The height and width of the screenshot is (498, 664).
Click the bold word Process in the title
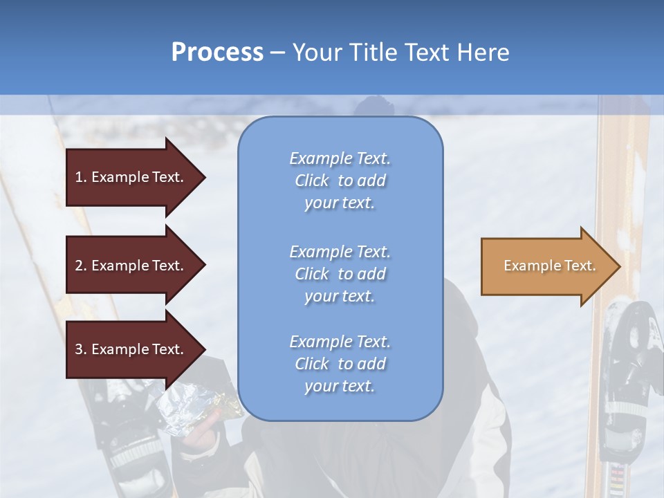pyautogui.click(x=217, y=53)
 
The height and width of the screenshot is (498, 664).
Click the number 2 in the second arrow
pyautogui.click(x=78, y=266)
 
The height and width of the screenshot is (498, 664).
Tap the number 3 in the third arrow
pyautogui.click(x=78, y=349)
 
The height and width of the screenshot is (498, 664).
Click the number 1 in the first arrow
pyautogui.click(x=78, y=177)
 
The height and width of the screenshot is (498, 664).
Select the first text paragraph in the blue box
pyautogui.click(x=340, y=181)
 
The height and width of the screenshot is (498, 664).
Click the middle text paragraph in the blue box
pyautogui.click(x=340, y=274)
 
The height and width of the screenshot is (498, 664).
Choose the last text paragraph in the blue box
pyautogui.click(x=340, y=364)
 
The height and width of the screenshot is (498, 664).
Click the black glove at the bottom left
pyautogui.click(x=128, y=443)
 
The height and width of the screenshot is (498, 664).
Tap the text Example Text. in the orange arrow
pyautogui.click(x=549, y=266)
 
